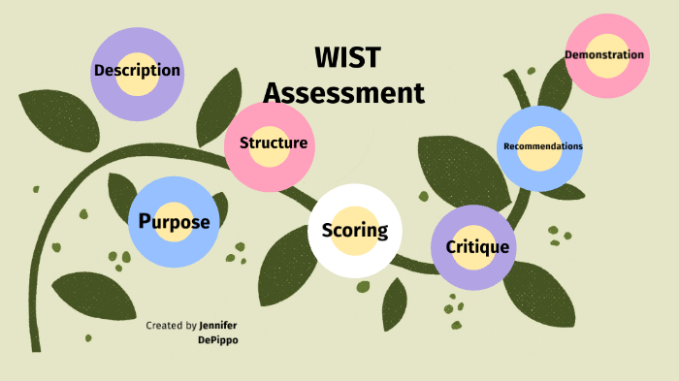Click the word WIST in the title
[x=346, y=58]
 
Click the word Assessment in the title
[x=344, y=93]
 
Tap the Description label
[x=137, y=71]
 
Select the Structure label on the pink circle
[x=273, y=143]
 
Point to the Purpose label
[x=174, y=222]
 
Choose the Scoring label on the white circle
[x=354, y=231]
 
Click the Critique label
[x=477, y=247]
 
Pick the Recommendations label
[x=542, y=146]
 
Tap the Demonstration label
[x=604, y=55]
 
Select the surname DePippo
[x=217, y=341]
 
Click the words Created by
[x=172, y=326]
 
